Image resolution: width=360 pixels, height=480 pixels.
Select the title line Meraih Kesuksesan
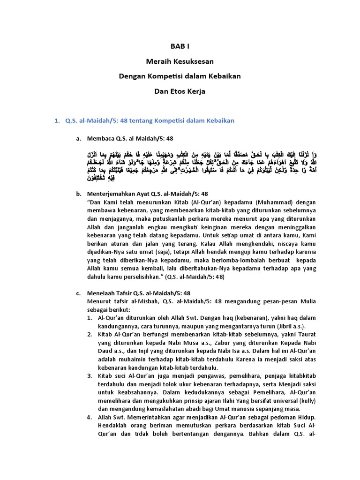(x=180, y=61)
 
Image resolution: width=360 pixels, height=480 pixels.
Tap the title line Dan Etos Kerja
(x=180, y=91)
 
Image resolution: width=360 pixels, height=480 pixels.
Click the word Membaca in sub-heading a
(x=103, y=139)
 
